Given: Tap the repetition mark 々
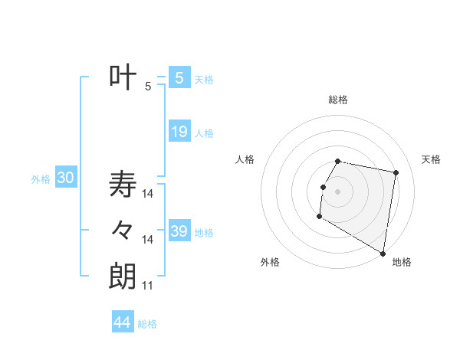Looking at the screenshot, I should (x=123, y=230).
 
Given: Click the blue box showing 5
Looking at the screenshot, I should (x=179, y=78).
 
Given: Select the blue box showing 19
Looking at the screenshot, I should (x=179, y=132).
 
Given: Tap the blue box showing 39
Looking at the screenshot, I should (x=179, y=231).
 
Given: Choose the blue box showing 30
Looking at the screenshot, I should (x=65, y=178).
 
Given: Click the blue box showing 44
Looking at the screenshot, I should (x=122, y=322).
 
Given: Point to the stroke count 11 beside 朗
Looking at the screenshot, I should (x=148, y=286).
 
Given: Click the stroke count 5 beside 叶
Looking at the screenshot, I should (x=148, y=87).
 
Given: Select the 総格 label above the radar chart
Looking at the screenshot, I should (x=338, y=100).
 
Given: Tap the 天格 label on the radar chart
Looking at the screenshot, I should (x=432, y=159).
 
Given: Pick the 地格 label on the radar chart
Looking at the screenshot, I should (x=402, y=262).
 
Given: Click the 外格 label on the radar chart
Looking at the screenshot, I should (x=270, y=262).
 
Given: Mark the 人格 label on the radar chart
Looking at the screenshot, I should (x=245, y=159).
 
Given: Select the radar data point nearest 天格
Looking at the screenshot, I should (x=396, y=173).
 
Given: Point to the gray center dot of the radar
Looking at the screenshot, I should (x=337, y=191).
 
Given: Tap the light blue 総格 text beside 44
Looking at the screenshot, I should (x=147, y=324).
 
